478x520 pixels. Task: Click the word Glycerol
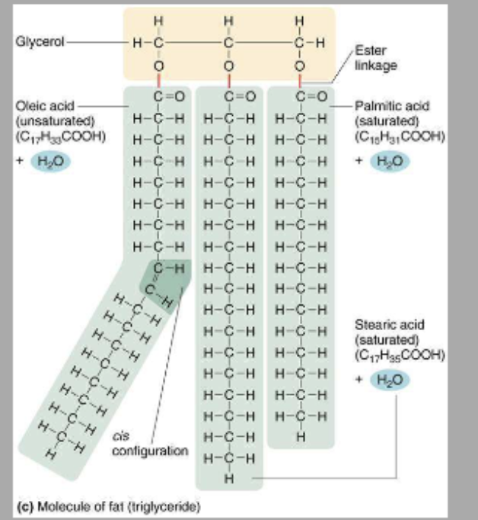pos(35,41)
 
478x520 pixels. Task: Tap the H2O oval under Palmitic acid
pos(390,162)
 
